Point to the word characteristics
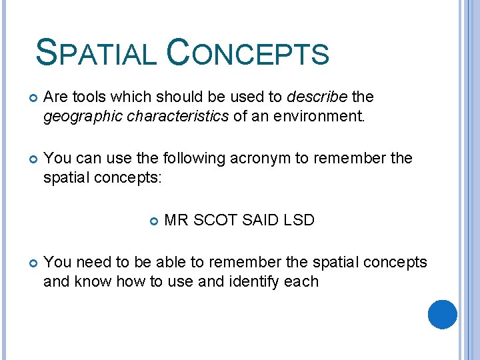pos(173,117)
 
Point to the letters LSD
pos(299,220)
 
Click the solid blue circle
pos(442,314)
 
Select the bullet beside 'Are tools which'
pos(30,97)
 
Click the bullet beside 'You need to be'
pos(30,263)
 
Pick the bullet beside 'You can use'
pos(30,159)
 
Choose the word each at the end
pos(301,282)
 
